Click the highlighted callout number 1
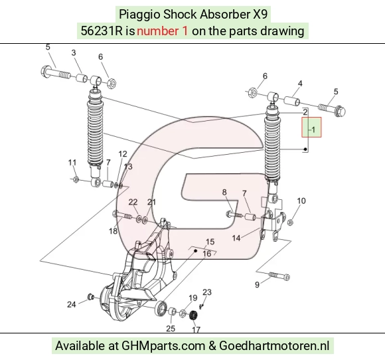coord(313,130)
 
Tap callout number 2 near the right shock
coord(305,112)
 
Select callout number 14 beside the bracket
coord(236,238)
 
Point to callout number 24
coord(72,304)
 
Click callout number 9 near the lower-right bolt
coord(257,284)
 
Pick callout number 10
coord(301,201)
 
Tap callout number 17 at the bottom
coord(196,329)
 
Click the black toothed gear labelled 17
coord(194,315)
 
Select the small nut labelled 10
coord(290,223)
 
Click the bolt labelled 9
coord(279,276)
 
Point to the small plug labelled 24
coord(91,297)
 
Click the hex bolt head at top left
coord(46,72)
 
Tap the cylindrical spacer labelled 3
coord(82,78)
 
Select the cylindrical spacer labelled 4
coord(292,101)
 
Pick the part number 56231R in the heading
coord(102,31)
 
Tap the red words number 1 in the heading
coord(162,31)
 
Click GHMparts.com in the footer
coord(163,346)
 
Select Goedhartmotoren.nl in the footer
coord(274,346)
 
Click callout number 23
coord(207,292)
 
